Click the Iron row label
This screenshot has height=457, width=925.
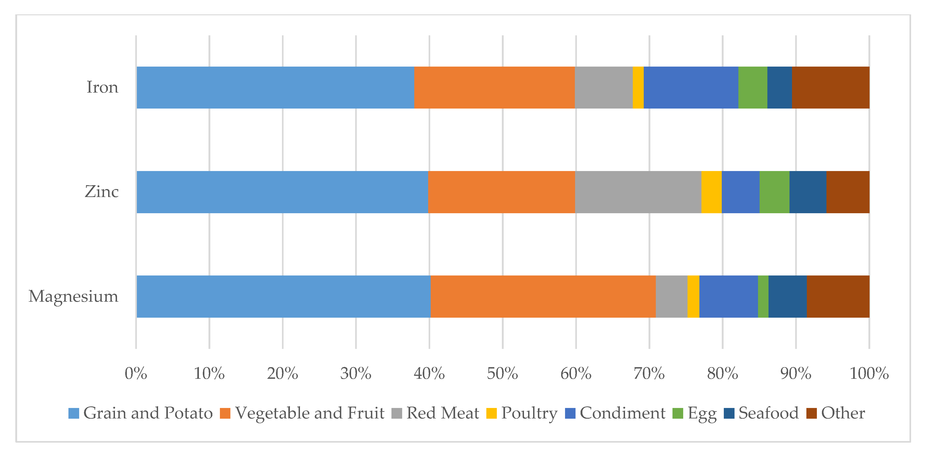(x=102, y=87)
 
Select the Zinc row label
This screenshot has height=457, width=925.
(x=102, y=192)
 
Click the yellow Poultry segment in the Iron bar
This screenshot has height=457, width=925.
(x=638, y=87)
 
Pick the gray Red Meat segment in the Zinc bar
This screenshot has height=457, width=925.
(x=638, y=192)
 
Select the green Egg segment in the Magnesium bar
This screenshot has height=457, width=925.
(x=763, y=296)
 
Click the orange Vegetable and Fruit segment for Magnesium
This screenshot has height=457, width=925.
(x=543, y=296)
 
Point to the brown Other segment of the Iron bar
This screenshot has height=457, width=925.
(x=831, y=87)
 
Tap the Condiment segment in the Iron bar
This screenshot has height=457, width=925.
(x=691, y=87)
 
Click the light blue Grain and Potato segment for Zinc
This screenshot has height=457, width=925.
(x=282, y=192)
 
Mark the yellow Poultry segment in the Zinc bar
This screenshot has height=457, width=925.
(x=711, y=192)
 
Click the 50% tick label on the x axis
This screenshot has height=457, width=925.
(x=502, y=374)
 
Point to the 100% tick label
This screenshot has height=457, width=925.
(x=869, y=374)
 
